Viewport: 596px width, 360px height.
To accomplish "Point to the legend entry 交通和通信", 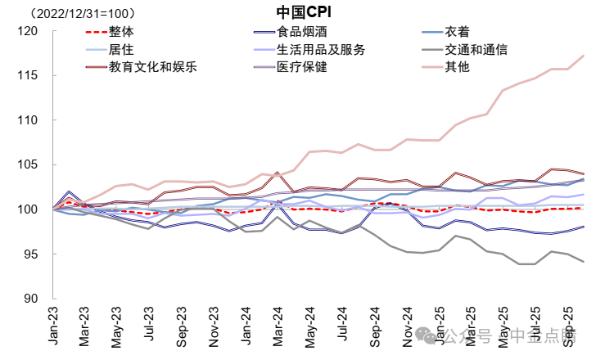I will click(x=476, y=49).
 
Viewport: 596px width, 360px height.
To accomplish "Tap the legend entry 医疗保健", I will click(x=304, y=66).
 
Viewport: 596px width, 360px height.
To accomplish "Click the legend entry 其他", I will click(x=457, y=66).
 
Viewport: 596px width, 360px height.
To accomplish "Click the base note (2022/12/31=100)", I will click(x=83, y=14).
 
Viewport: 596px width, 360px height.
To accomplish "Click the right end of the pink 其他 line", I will click(x=583, y=56).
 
